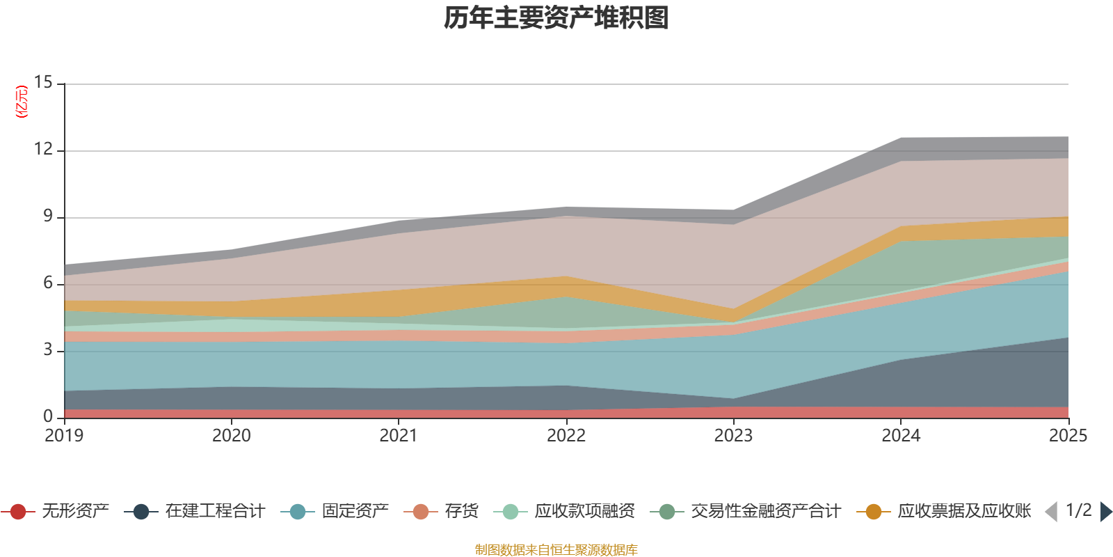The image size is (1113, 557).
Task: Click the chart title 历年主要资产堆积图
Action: coord(556,19)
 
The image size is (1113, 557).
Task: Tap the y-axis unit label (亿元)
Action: coord(22,102)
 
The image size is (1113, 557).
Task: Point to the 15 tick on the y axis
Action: coord(44,83)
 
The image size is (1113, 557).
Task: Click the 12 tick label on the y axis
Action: coord(44,149)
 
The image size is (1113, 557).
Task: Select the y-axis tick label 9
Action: coord(48,216)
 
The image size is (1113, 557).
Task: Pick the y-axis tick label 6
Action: coord(48,283)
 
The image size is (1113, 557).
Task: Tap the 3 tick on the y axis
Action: coord(48,350)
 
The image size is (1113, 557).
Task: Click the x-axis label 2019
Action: coord(64,436)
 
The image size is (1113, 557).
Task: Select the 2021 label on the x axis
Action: coord(399,436)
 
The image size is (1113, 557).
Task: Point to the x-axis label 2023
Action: coord(733,436)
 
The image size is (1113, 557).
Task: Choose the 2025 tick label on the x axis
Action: coord(1068,436)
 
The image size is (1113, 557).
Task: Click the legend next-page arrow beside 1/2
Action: coord(1105,512)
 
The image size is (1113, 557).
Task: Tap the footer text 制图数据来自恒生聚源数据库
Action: coord(556,550)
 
